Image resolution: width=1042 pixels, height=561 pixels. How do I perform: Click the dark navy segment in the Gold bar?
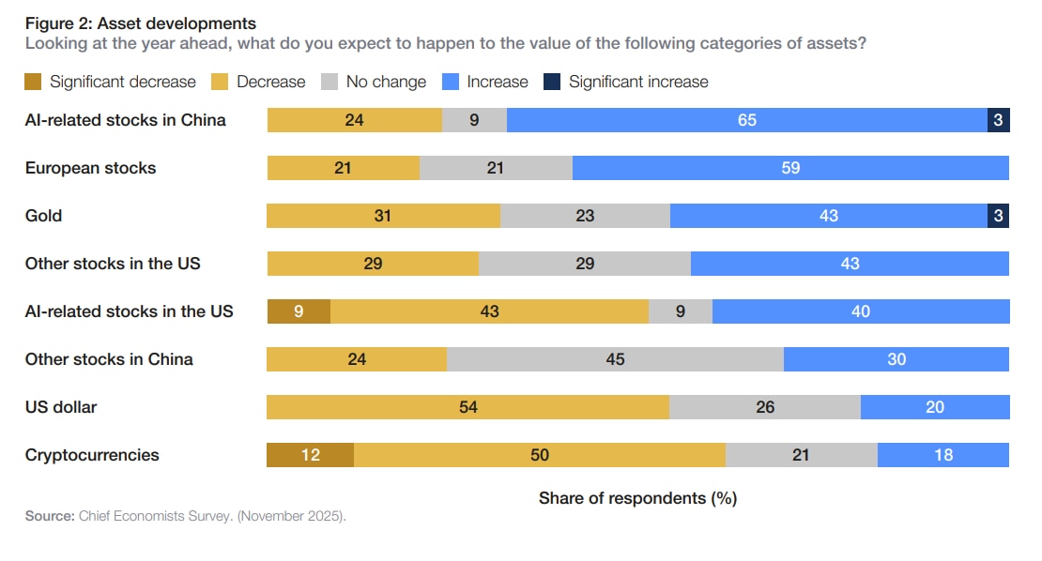999,216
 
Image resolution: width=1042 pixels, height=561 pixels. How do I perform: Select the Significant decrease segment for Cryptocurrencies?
310,455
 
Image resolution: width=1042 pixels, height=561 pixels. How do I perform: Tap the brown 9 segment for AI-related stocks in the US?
299,311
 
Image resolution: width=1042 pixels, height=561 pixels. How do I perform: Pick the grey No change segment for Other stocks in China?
615,359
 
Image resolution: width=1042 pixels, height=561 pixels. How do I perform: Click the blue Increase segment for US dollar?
934,407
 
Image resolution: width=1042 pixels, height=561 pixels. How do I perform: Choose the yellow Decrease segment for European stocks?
344,168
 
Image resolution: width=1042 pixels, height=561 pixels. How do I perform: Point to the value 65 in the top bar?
746,120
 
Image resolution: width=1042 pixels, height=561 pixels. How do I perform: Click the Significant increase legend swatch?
551,82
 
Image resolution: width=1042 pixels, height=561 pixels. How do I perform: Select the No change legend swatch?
329,82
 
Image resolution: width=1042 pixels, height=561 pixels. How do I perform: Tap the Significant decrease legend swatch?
33,82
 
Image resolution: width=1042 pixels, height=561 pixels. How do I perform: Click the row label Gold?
43,216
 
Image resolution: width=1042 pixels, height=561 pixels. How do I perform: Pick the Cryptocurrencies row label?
92,455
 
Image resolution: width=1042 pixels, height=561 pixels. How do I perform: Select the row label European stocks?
90,168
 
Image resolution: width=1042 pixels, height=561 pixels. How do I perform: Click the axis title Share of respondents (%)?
637,498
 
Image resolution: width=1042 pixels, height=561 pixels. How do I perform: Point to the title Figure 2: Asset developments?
140,23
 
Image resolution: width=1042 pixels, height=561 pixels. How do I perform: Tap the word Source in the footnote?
47,516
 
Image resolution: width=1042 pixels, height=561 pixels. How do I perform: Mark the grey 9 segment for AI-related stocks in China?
474,120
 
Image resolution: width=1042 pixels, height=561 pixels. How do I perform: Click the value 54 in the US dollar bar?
467,407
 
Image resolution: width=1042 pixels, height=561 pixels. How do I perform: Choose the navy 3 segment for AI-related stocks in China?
999,120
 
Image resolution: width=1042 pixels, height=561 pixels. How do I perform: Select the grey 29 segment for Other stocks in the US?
584,264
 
